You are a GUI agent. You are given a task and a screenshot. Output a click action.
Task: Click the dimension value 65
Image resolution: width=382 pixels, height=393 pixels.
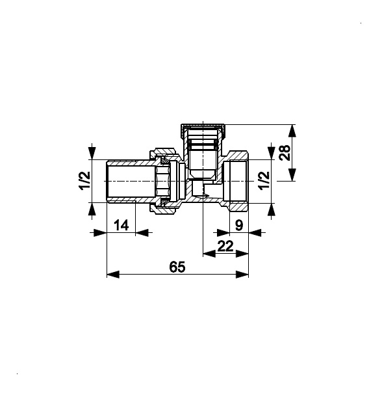tap(177, 267)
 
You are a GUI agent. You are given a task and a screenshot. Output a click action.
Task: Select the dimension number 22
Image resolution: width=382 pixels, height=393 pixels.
tap(225, 246)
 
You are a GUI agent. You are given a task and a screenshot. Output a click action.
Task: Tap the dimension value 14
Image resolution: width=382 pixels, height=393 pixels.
tap(121, 225)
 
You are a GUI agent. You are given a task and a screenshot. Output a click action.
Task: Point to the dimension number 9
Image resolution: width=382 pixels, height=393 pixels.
tap(239, 225)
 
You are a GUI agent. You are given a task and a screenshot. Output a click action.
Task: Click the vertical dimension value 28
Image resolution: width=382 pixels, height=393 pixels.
tap(285, 152)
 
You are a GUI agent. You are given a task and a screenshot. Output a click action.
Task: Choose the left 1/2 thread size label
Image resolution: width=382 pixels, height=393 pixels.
tap(85, 181)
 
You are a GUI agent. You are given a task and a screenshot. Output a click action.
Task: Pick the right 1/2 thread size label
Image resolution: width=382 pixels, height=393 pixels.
tap(264, 181)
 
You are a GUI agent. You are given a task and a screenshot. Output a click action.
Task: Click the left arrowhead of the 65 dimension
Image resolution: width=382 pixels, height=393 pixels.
tap(113, 274)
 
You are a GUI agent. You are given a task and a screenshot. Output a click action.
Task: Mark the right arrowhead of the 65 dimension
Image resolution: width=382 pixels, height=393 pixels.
tap(242, 274)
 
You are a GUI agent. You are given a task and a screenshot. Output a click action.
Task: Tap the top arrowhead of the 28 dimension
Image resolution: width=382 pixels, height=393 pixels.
tap(292, 131)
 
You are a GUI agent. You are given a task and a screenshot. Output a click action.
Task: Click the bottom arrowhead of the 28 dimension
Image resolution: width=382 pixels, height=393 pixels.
tap(292, 174)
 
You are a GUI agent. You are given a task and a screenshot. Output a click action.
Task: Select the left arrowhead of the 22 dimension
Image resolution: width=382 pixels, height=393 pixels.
tap(209, 254)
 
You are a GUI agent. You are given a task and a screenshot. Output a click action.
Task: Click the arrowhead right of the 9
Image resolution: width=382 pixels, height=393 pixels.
tap(255, 232)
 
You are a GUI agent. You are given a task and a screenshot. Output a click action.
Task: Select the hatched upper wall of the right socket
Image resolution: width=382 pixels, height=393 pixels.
tap(238, 156)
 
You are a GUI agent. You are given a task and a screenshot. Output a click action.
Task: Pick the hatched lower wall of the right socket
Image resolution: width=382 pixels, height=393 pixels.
tap(238, 206)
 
